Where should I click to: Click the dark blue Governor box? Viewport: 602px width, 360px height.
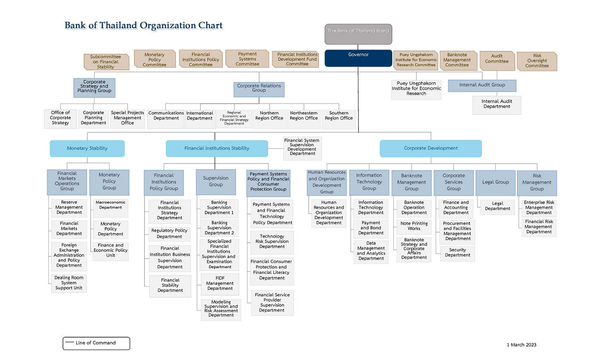[358, 58]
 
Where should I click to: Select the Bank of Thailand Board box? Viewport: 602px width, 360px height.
[358, 34]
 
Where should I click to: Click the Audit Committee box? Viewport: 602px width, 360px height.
[497, 61]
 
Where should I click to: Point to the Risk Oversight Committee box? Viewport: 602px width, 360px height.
[537, 61]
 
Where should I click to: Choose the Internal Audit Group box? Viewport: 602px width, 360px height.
[482, 86]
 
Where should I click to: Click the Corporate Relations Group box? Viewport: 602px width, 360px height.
[259, 89]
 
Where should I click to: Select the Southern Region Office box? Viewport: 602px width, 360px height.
[339, 118]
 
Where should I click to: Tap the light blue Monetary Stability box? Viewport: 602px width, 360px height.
[87, 149]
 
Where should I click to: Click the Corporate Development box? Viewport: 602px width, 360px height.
[430, 149]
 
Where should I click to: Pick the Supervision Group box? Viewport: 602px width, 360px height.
[216, 182]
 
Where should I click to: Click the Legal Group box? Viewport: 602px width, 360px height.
[495, 183]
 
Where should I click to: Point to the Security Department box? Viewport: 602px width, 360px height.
[457, 253]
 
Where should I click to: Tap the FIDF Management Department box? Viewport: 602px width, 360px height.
[220, 283]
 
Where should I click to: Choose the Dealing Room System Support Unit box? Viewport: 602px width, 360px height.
[69, 283]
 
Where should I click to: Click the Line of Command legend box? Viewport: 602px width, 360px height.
[96, 343]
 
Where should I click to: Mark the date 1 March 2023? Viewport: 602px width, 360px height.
[521, 345]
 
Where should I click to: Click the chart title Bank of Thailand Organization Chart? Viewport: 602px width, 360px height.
[143, 26]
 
